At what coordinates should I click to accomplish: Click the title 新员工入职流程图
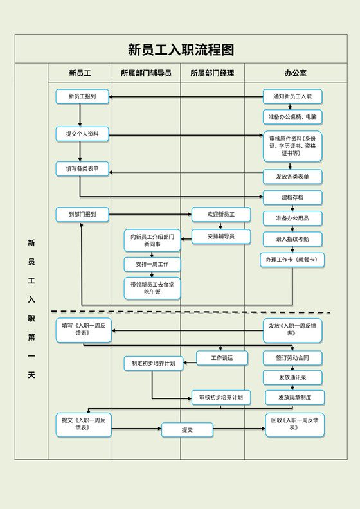[180, 49]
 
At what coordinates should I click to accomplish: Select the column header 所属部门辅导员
[146, 73]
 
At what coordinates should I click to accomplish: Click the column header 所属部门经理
[212, 73]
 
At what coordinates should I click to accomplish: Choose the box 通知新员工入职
[292, 97]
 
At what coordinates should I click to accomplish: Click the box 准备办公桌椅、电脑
[292, 117]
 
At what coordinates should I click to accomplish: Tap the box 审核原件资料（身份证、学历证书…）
[292, 147]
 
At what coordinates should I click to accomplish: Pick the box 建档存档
[292, 197]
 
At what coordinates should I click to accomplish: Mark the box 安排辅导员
[221, 237]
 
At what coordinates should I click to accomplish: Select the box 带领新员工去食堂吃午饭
[152, 288]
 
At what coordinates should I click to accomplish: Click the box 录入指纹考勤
[292, 238]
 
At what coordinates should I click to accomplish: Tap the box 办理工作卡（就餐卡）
[292, 260]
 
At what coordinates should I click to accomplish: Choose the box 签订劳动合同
[292, 358]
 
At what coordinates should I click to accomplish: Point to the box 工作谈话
[222, 358]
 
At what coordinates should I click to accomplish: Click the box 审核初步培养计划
[221, 398]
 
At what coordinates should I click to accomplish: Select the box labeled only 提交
[187, 429]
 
